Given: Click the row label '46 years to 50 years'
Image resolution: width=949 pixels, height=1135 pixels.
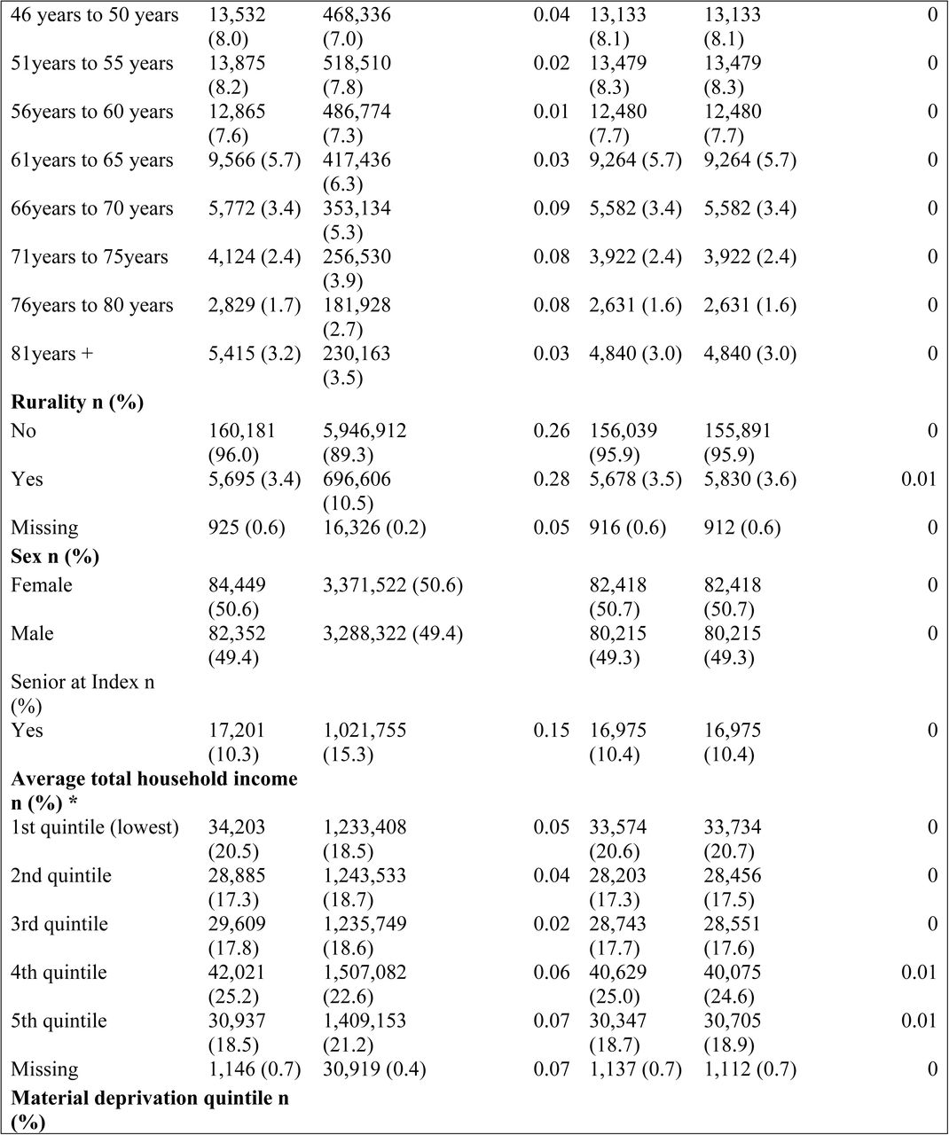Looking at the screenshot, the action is point(95,15).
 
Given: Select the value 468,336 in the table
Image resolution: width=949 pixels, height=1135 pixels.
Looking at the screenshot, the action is point(357,15).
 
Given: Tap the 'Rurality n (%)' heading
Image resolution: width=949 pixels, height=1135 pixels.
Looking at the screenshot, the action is point(77,403).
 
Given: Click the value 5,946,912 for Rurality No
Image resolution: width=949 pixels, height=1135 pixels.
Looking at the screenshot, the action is point(365,431).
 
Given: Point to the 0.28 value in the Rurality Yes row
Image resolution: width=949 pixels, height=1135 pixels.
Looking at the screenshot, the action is point(552,479).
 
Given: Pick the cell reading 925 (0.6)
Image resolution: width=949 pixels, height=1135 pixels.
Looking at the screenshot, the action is point(247,528).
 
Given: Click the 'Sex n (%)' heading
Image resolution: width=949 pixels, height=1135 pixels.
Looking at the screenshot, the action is point(55,557).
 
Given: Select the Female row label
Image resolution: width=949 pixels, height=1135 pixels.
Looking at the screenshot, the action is point(42,585).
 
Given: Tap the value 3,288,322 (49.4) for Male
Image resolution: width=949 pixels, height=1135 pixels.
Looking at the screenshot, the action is point(393,633).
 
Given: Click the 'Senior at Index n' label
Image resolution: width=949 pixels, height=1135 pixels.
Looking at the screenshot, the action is point(82,682).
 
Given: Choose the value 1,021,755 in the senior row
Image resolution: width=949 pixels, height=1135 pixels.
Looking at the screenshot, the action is point(365,730).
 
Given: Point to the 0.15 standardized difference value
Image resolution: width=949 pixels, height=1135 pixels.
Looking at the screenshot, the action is point(552,730).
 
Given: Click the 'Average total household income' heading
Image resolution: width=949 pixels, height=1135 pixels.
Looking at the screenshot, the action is point(154,779).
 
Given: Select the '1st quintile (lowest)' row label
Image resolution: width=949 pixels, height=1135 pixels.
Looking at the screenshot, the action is point(95,826).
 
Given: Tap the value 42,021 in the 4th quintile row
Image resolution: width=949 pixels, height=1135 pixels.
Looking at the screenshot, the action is point(237,972).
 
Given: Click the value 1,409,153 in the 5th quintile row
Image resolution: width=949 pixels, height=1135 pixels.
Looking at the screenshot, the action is point(365,1021).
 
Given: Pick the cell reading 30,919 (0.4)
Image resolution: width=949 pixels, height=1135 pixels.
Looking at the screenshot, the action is point(374,1069).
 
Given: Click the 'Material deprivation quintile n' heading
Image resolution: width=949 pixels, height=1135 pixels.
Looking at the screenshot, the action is point(150,1098).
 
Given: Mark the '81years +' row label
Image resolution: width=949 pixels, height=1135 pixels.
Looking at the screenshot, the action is point(52,353).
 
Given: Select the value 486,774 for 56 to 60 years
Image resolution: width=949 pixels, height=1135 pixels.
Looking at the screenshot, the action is point(357,112).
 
